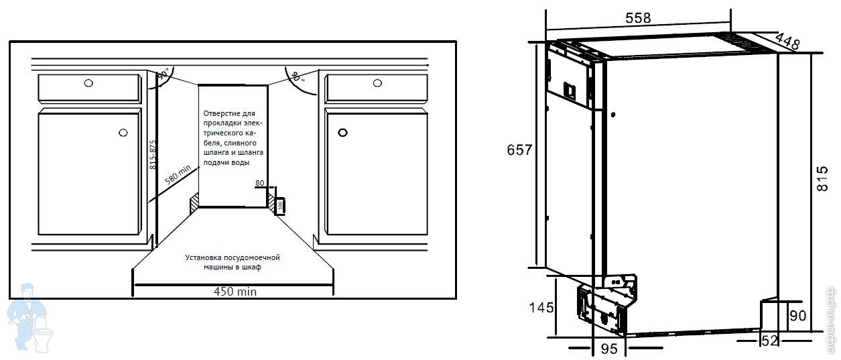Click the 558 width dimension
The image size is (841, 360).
[637, 19]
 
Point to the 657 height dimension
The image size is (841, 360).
[519, 150]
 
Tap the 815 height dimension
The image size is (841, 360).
[825, 180]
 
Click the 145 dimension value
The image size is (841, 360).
[541, 308]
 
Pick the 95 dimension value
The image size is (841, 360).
[608, 349]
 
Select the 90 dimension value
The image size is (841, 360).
[797, 316]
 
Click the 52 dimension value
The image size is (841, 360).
[769, 341]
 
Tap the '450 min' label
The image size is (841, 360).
[235, 292]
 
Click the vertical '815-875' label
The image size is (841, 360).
[153, 154]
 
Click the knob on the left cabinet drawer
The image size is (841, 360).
[89, 84]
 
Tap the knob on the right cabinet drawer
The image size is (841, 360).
[377, 83]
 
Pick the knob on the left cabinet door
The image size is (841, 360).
[123, 133]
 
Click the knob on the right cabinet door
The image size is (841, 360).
[343, 133]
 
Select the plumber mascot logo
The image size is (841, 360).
[28, 316]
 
